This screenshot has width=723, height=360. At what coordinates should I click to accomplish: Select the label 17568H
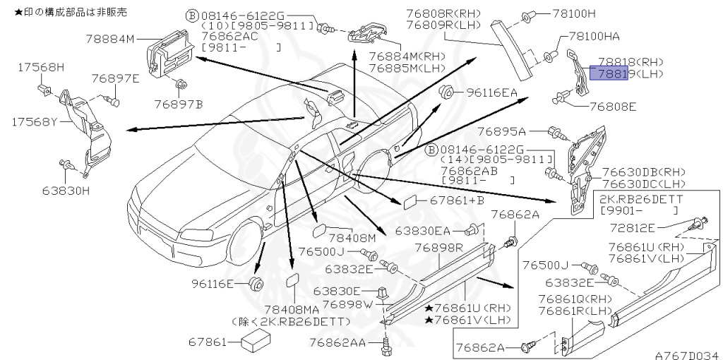(41, 66)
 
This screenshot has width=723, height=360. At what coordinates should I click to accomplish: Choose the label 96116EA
(490, 92)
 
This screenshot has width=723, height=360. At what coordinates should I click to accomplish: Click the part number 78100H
(574, 13)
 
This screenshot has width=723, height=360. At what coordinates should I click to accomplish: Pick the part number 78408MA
(291, 309)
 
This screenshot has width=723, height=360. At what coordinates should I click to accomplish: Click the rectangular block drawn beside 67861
(257, 342)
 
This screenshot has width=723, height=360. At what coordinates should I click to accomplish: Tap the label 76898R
(438, 248)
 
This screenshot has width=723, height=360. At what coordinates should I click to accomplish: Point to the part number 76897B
(179, 104)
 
